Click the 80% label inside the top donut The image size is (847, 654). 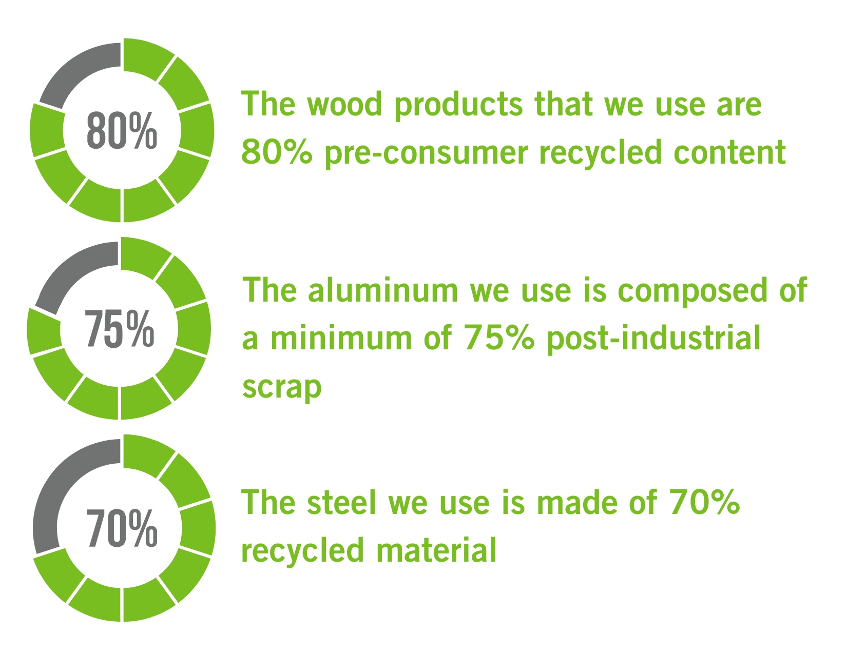(122, 130)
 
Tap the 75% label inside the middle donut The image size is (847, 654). (119, 329)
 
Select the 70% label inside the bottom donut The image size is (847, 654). (122, 528)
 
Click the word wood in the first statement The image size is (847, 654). (344, 105)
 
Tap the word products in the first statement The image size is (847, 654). (458, 105)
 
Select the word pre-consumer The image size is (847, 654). (427, 153)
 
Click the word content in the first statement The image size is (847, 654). (729, 152)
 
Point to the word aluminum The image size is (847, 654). (383, 290)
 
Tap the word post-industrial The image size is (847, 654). (653, 339)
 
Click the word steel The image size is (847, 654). (342, 503)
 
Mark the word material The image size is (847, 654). (436, 550)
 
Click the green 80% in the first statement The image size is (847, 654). (277, 152)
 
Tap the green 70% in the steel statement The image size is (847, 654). (704, 503)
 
